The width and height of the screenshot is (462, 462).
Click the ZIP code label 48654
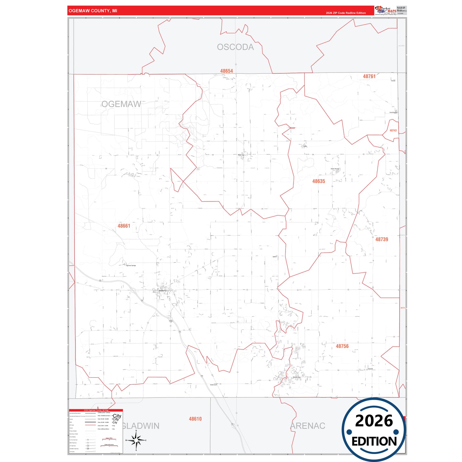(x=226, y=71)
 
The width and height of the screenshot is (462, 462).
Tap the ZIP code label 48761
(x=369, y=76)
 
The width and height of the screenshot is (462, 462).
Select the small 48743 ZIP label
(x=393, y=130)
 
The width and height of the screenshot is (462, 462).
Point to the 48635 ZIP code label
(x=318, y=181)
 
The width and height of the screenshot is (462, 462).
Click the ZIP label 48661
(x=124, y=226)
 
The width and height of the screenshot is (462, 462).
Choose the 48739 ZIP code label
(x=381, y=239)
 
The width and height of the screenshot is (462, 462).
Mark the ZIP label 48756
(x=342, y=346)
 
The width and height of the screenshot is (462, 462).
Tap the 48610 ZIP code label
(x=195, y=419)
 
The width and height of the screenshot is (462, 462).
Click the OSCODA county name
(x=235, y=47)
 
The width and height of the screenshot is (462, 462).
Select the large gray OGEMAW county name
(x=121, y=104)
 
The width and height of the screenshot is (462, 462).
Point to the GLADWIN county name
(x=141, y=426)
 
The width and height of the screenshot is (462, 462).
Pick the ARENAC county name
(x=308, y=426)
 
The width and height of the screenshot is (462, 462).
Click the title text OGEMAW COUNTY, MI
(x=93, y=11)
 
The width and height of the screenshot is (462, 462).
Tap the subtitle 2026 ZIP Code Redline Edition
(x=346, y=13)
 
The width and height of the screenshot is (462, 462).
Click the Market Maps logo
(x=386, y=10)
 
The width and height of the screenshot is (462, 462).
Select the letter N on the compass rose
(x=136, y=431)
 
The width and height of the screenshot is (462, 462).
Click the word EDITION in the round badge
(x=374, y=442)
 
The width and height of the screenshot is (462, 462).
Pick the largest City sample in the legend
(x=117, y=416)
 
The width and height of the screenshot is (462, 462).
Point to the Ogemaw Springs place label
(x=131, y=266)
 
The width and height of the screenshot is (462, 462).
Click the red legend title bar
(x=96, y=410)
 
